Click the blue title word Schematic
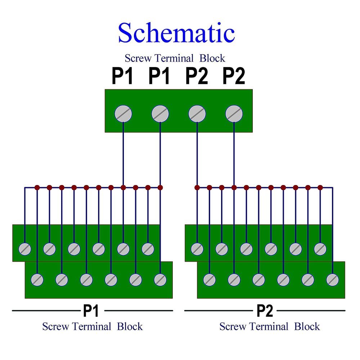tap(176, 33)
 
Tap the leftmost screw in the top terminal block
tap(123, 114)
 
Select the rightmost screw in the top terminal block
tap(234, 114)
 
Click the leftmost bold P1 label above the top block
tap(122, 76)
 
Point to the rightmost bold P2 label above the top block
tap(234, 76)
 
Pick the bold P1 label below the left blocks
tap(91, 311)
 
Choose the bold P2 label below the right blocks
tap(265, 311)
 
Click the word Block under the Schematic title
tap(212, 58)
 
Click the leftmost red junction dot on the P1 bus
tap(37, 188)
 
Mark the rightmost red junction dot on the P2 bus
tap(320, 188)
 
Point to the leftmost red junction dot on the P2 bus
tap(197, 188)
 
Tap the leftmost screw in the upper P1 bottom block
tap(25, 249)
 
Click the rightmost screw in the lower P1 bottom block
tap(160, 279)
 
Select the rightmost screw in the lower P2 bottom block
tap(333, 279)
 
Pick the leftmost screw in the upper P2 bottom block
tap(197, 249)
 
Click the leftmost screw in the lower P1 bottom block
tap(37, 279)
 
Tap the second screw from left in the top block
tap(160, 114)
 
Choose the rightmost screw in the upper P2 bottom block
tap(320, 249)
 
